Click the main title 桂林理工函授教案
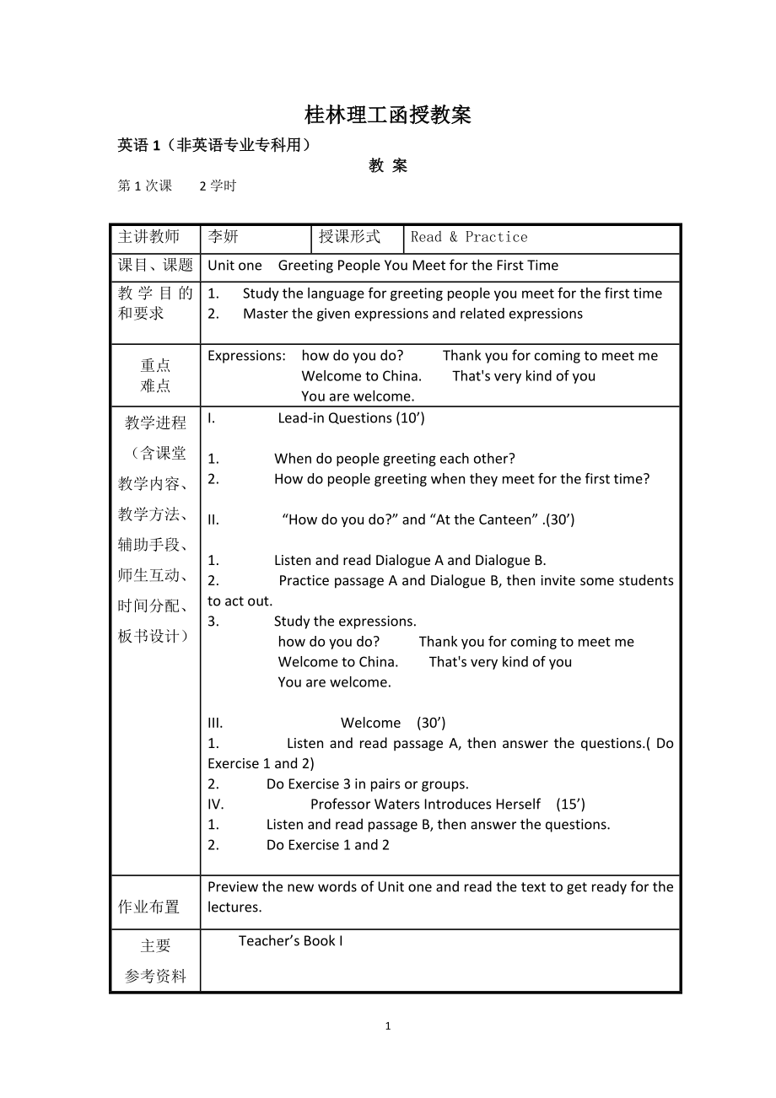pos(387,115)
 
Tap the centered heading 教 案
pos(388,166)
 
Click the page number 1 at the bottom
pos(388,1026)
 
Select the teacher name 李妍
pos(224,237)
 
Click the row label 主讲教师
pos(149,237)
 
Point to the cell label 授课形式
pos(349,237)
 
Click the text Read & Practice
pos(469,237)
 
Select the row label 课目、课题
pos(155,266)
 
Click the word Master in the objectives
pos(266,314)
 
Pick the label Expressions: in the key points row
pos(247,356)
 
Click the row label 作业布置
pos(149,907)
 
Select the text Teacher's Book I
pos(291,941)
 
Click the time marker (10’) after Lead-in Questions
pos(410,418)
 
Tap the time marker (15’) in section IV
pos(570,805)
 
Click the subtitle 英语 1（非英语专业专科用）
pos(215,145)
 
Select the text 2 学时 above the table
pos(218,186)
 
